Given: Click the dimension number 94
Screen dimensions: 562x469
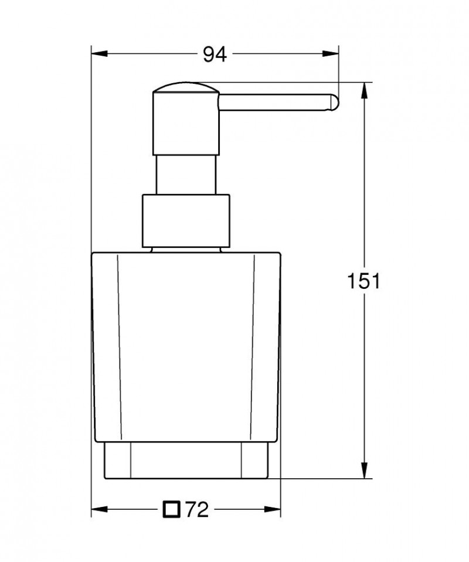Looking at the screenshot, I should pyautogui.click(x=215, y=55).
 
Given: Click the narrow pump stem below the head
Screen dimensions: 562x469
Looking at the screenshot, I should pyautogui.click(x=186, y=175).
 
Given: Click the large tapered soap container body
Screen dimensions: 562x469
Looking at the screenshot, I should pyautogui.click(x=186, y=346).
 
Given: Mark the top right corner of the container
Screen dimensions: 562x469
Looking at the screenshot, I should pyautogui.click(x=279, y=254).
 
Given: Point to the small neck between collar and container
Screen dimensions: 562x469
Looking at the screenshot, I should pyautogui.click(x=186, y=249).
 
